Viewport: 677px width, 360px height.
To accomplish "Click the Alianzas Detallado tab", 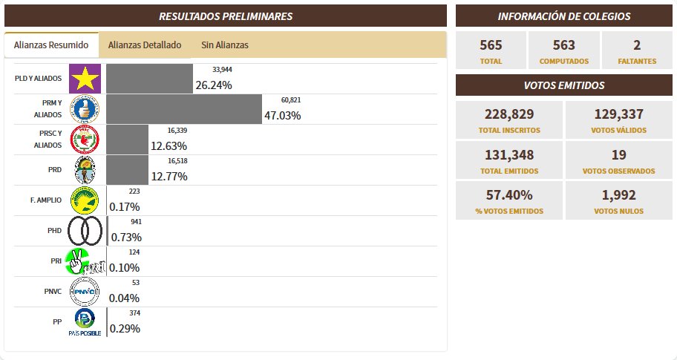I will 145,45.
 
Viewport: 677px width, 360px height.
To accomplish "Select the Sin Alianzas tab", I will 225,45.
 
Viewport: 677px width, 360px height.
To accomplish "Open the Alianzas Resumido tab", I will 51,45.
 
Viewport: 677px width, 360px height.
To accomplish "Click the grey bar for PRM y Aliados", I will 184,109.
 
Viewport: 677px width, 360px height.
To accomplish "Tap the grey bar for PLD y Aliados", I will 149,79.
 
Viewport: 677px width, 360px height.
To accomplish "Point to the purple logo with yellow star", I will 85,79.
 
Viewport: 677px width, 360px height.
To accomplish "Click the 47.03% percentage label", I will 282,116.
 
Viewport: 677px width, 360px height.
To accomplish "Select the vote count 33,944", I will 223,69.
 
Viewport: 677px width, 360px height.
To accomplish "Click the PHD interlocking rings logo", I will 85,231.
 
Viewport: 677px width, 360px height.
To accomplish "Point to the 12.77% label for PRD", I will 169,177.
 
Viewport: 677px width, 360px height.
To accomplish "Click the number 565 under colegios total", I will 491,45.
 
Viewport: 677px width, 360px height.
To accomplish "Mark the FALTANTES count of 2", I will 637,45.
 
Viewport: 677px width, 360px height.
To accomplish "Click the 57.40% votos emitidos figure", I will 508,195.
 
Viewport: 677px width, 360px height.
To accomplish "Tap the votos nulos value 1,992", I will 618,195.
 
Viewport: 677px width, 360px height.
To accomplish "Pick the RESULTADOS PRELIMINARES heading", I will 226,16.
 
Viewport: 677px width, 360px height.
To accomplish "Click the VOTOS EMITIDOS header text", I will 564,85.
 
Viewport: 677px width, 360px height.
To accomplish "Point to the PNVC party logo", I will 85,292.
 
